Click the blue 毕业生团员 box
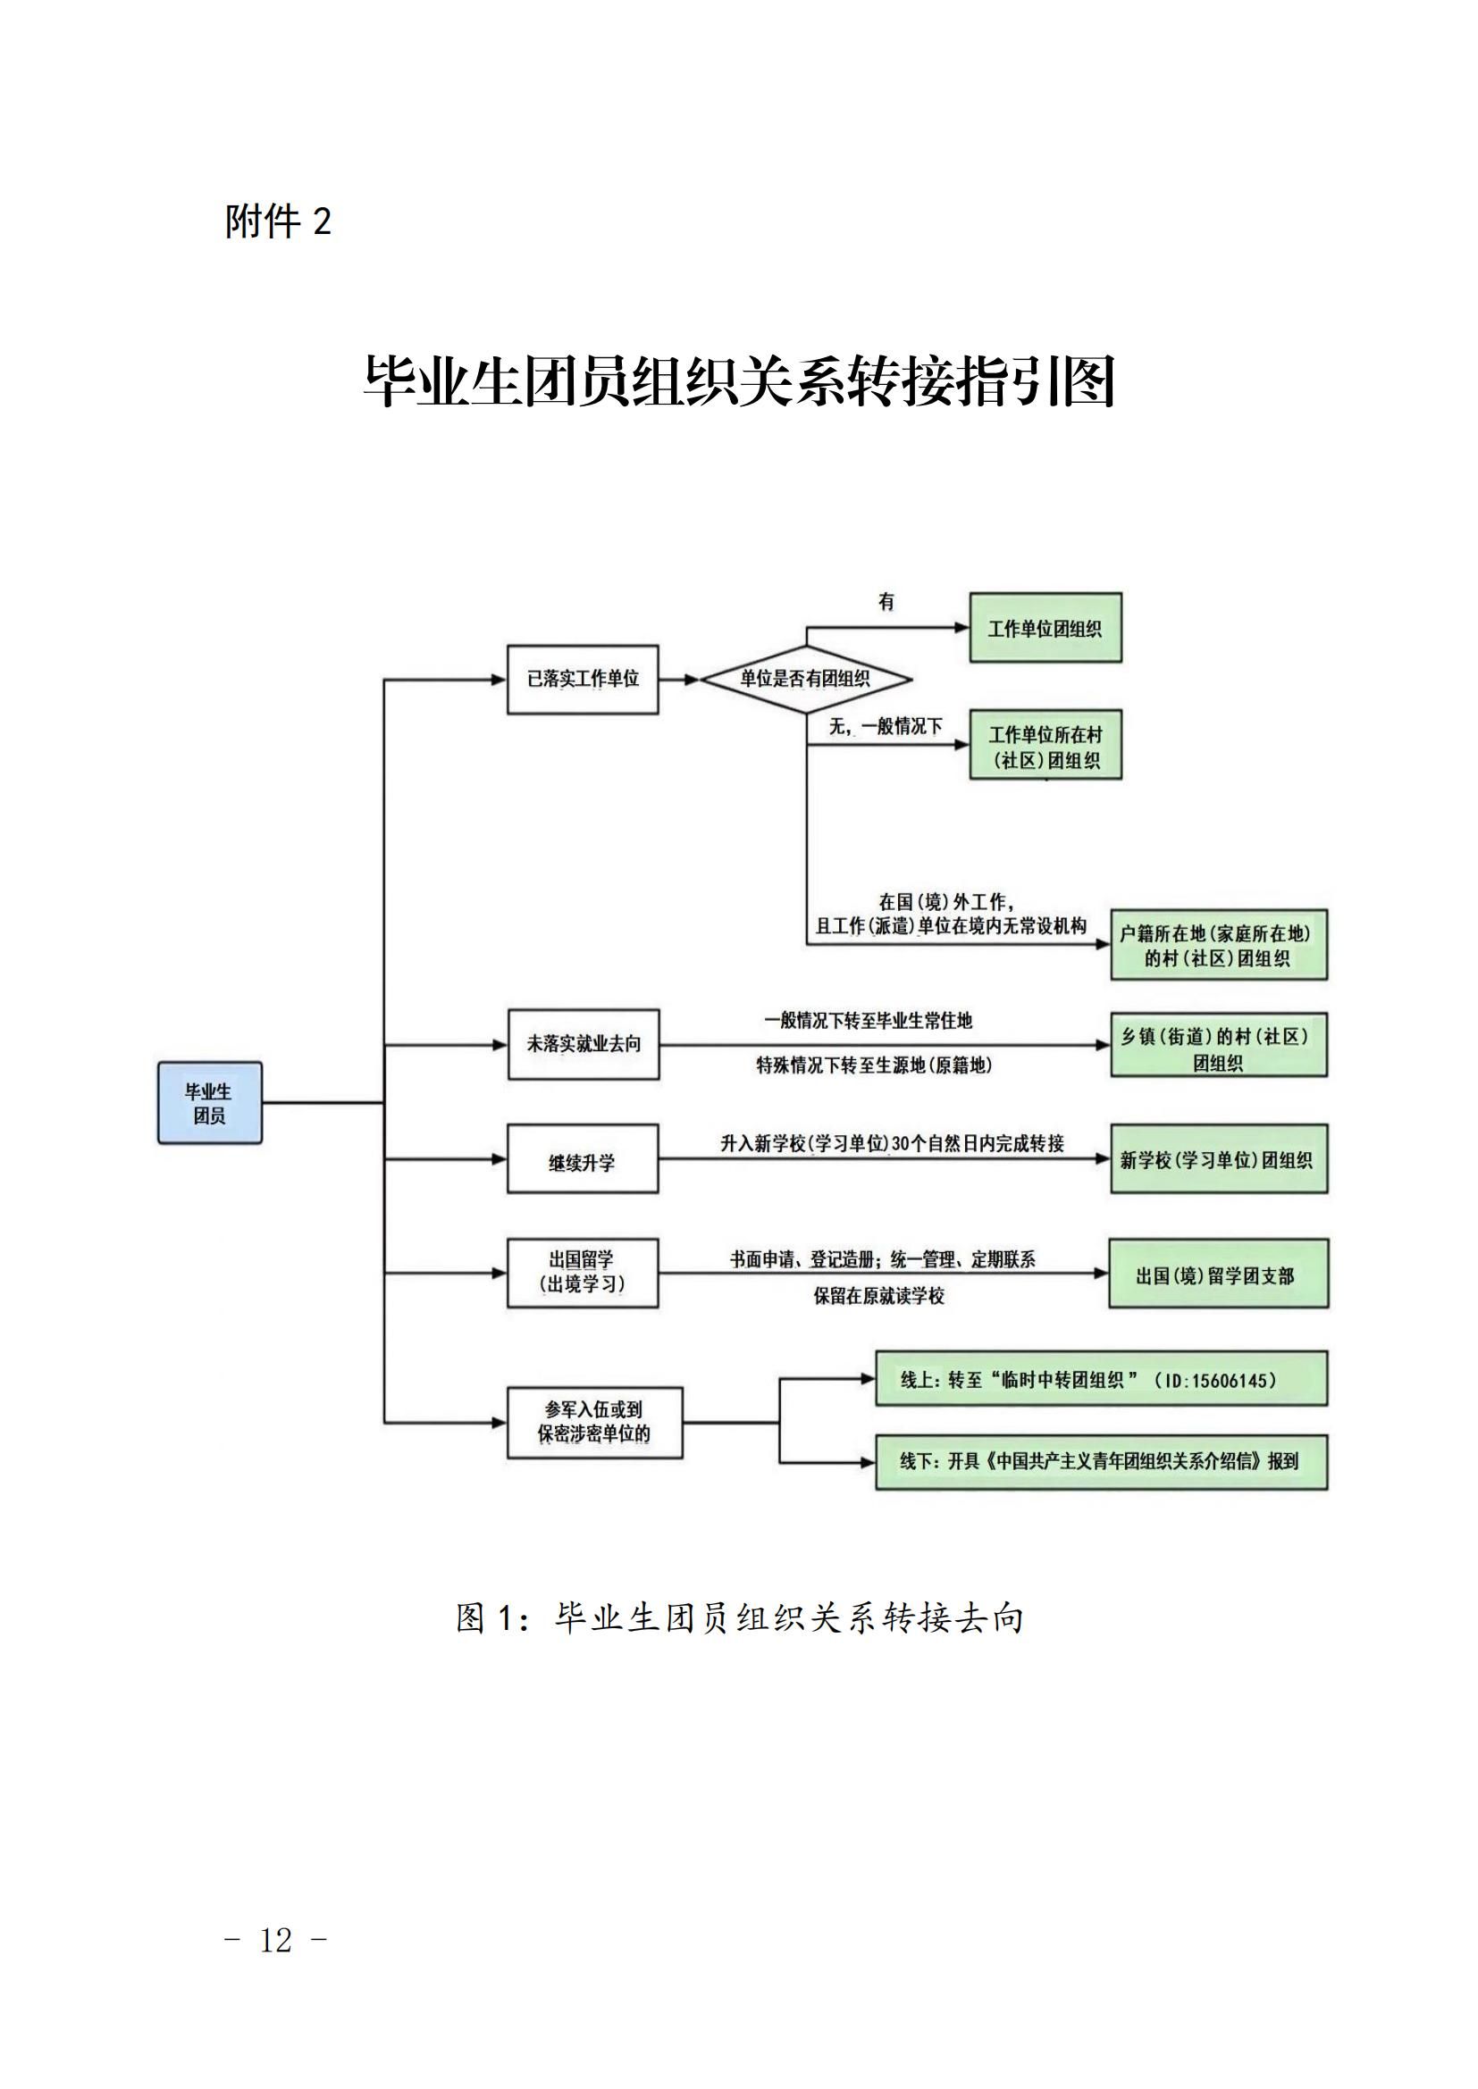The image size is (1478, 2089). click(209, 1102)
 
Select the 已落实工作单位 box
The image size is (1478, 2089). click(583, 679)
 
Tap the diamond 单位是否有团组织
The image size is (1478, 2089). click(805, 679)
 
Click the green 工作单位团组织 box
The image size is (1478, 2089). click(1045, 628)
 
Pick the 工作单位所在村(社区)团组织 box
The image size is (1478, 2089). click(1045, 745)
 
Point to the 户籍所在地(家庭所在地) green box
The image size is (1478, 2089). click(1219, 944)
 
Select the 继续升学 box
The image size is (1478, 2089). click(583, 1160)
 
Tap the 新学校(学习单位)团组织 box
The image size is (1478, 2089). click(1219, 1159)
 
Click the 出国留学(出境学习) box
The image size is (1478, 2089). click(583, 1273)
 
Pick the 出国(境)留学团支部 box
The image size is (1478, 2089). click(1218, 1274)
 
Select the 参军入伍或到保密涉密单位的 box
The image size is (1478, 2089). click(594, 1422)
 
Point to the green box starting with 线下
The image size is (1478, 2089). click(1101, 1462)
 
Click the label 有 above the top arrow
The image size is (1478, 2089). click(886, 601)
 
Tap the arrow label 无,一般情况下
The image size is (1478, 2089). click(885, 726)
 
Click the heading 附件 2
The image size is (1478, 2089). click(278, 221)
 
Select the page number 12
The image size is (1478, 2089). click(275, 1940)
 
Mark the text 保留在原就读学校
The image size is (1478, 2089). click(879, 1296)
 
